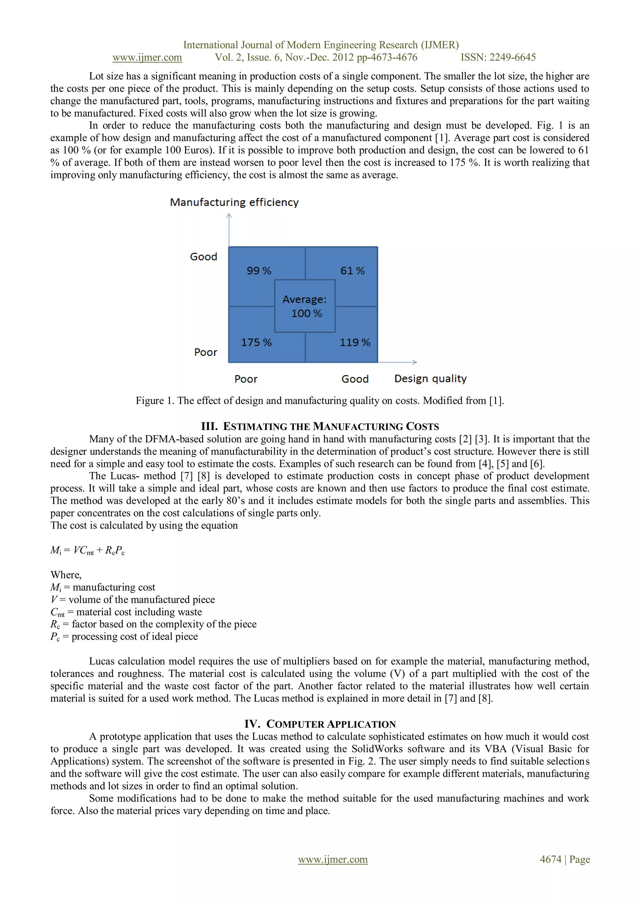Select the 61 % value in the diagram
352,271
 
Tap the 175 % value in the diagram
256,342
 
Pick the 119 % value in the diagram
355,342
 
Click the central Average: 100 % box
305,306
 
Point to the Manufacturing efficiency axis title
234,202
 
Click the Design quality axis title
430,378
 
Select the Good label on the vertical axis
203,257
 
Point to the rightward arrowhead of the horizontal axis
415,362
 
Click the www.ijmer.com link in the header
147,57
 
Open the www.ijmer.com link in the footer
332,859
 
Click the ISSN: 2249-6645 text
498,57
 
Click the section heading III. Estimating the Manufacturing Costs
320,426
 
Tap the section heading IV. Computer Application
320,724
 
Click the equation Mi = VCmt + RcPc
87,550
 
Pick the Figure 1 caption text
320,400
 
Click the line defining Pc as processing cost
124,637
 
